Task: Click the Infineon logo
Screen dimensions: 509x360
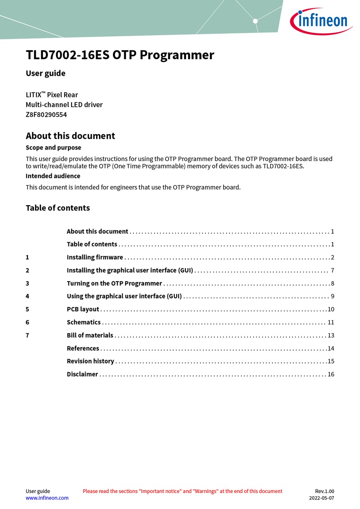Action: click(x=321, y=21)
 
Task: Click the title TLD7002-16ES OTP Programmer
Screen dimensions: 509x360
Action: click(x=120, y=55)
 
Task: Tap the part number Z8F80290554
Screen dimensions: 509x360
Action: click(x=46, y=115)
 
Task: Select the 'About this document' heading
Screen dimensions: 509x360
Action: click(x=70, y=136)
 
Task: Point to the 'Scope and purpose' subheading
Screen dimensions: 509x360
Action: click(x=53, y=148)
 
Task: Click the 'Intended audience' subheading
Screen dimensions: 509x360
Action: click(x=53, y=176)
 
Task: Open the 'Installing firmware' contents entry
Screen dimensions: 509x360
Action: click(x=95, y=257)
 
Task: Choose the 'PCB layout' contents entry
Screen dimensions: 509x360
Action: click(x=83, y=309)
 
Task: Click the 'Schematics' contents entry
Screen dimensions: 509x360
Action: click(x=84, y=322)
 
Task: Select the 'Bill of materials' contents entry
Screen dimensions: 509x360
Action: click(x=90, y=335)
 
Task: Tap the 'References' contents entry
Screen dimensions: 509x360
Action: click(x=83, y=348)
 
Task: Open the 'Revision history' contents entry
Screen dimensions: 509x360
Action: click(x=90, y=361)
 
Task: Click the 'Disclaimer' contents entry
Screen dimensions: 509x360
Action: click(x=82, y=374)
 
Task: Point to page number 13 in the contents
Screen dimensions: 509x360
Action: click(x=331, y=335)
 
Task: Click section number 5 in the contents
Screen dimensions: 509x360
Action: click(x=27, y=309)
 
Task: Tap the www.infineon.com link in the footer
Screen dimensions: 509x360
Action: click(x=47, y=498)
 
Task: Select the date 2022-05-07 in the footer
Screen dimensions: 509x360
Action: click(x=321, y=498)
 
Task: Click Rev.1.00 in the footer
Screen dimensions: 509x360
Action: click(x=325, y=491)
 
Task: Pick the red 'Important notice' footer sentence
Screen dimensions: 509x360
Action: click(x=183, y=491)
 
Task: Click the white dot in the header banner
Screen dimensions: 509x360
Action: click(x=255, y=21)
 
